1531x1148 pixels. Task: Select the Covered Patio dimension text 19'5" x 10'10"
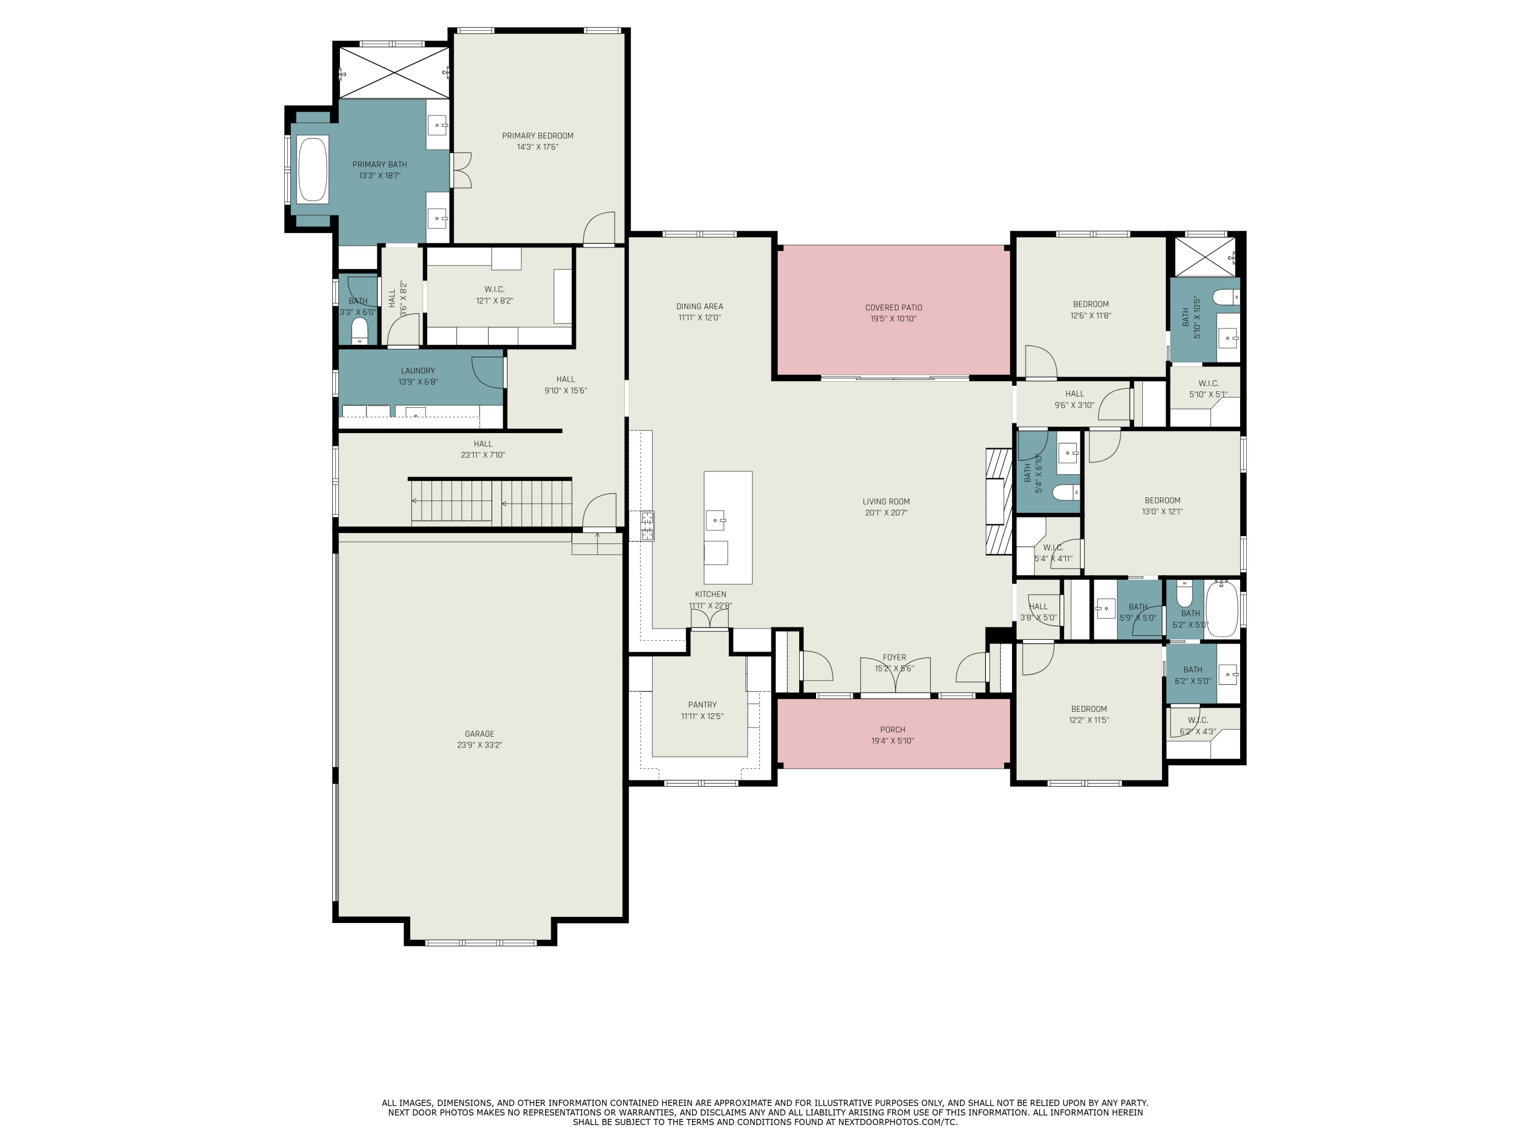[x=893, y=319]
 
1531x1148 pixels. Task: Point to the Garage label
[x=479, y=734]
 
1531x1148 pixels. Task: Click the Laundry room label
[x=417, y=371]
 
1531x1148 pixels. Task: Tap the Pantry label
[x=702, y=705]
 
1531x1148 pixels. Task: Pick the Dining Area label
[x=699, y=307]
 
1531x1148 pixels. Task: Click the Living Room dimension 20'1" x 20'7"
[x=885, y=513]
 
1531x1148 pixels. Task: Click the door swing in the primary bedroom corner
[x=600, y=229]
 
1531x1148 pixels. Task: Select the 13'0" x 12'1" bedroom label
[x=1162, y=501]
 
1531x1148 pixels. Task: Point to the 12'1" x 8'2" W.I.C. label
[x=494, y=289]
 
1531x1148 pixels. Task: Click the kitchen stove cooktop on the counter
[x=647, y=526]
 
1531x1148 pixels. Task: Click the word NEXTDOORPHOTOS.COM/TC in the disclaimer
[x=897, y=1121]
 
